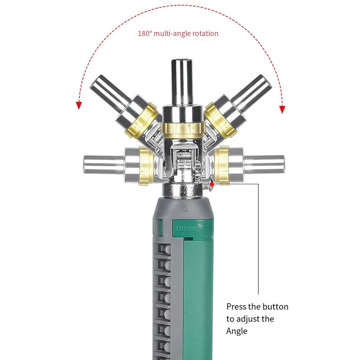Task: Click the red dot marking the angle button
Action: coord(211,184)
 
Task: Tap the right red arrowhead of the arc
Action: coord(282,109)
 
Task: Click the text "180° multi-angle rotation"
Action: coord(178,33)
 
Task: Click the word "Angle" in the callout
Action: coord(237,331)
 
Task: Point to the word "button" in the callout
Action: coord(275,307)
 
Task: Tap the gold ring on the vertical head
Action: coord(183,128)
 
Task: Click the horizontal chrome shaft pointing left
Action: coord(102,164)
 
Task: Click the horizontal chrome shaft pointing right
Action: coord(264,164)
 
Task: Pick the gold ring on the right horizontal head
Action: coord(222,165)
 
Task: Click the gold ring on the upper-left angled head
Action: coord(142,120)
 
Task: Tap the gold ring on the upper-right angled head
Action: coord(220,120)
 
